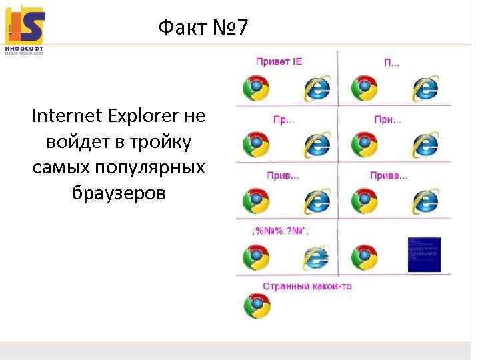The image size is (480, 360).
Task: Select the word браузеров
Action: [x=118, y=193]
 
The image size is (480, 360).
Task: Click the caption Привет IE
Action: [x=279, y=62]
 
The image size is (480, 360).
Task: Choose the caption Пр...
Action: [x=283, y=120]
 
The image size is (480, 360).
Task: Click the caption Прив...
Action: [x=283, y=176]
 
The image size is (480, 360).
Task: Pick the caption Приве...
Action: [x=389, y=176]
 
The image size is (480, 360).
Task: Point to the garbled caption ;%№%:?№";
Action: [x=279, y=231]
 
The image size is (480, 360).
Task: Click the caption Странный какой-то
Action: [x=307, y=287]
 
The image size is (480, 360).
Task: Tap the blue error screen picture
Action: [x=423, y=254]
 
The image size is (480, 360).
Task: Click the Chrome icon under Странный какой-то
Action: [x=256, y=307]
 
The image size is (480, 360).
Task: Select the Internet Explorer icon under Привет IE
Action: [x=317, y=88]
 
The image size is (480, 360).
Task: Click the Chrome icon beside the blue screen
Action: [x=364, y=257]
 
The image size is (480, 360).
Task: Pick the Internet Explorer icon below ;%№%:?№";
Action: [x=317, y=257]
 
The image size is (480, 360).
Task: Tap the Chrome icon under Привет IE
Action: [x=256, y=88]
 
